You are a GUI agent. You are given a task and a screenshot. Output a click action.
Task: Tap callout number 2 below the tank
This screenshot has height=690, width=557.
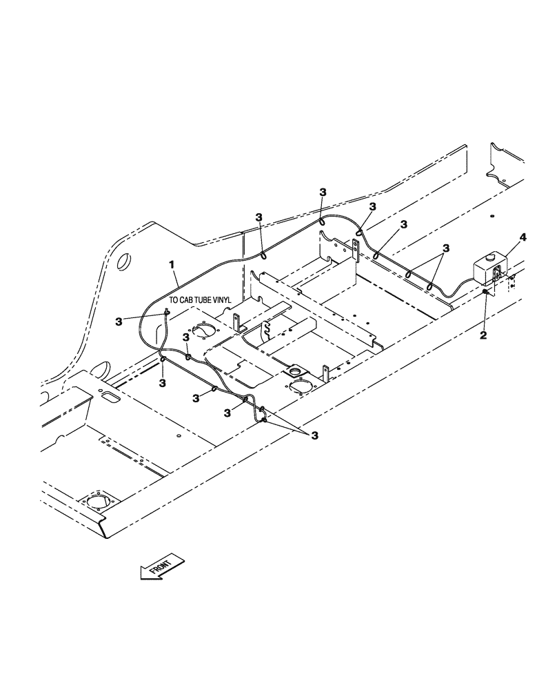pos(483,335)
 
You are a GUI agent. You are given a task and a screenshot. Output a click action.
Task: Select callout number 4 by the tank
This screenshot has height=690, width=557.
pos(523,237)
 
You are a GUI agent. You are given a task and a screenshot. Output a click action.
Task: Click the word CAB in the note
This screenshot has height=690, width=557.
pos(189,300)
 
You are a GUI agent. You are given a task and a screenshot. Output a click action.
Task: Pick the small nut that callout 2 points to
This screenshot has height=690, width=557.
pos(486,293)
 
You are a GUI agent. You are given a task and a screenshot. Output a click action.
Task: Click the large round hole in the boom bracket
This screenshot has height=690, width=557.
pos(125,262)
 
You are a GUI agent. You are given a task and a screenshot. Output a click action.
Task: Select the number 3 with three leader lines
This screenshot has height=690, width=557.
pos(315,435)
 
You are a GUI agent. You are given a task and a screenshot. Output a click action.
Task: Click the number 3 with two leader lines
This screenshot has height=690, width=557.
pos(446,247)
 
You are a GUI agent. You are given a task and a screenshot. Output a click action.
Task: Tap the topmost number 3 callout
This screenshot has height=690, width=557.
pos(323,192)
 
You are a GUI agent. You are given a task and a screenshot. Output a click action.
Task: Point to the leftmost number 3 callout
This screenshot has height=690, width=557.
pos(119,321)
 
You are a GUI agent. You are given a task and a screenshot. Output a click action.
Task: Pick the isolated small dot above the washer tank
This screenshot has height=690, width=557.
pos(492,217)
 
